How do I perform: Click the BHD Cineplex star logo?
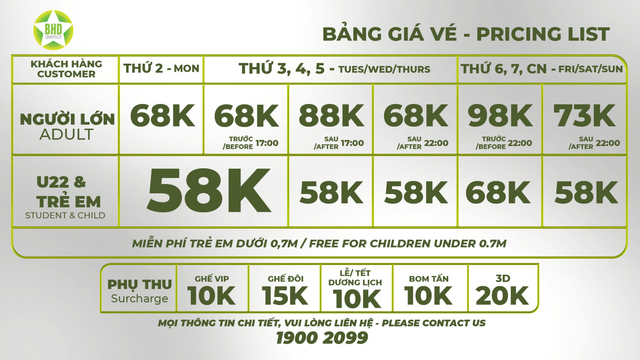(53, 30)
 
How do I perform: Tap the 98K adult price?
(500, 116)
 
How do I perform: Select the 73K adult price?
(584, 116)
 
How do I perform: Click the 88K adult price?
(331, 116)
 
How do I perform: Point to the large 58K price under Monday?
(209, 191)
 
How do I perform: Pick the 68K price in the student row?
(498, 193)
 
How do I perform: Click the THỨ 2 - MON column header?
(161, 69)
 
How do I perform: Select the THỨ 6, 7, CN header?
(542, 69)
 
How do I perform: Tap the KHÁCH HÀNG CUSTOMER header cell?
(66, 69)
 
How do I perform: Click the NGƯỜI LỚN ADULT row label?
(67, 127)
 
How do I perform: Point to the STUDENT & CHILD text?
(65, 215)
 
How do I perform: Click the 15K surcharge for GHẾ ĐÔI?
(285, 296)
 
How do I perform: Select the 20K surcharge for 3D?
(502, 296)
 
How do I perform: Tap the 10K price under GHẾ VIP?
(211, 296)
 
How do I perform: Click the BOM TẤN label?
(429, 279)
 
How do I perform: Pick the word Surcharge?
(139, 298)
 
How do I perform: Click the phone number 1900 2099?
(322, 338)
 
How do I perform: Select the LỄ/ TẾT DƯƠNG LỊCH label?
(355, 277)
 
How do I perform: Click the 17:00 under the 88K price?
(352, 143)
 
